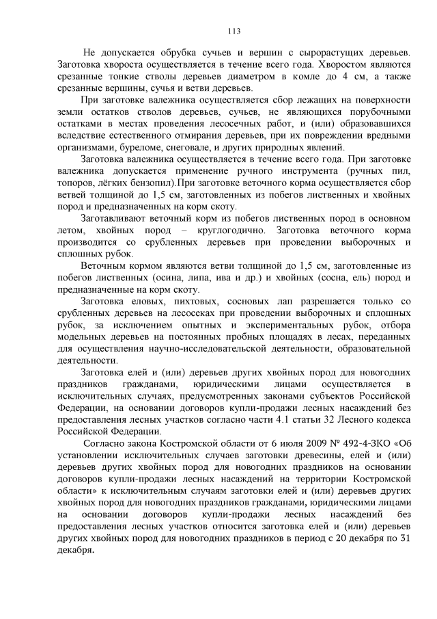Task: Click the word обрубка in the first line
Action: point(179,52)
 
